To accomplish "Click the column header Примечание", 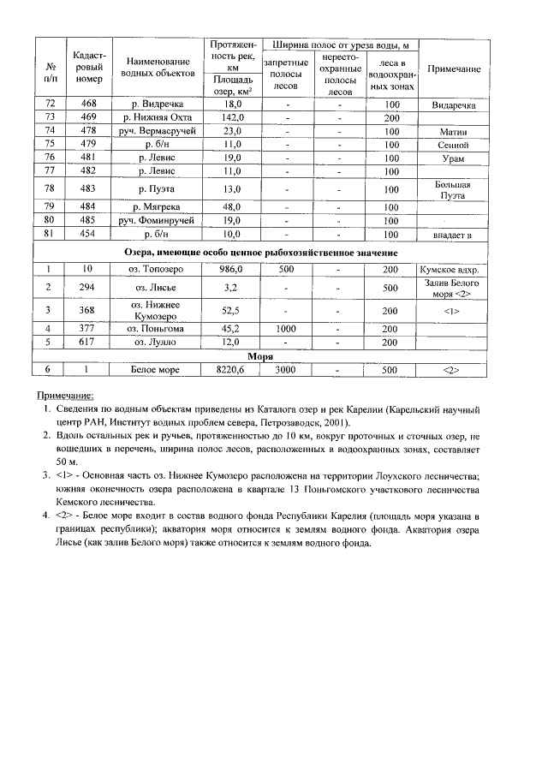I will click(453, 69).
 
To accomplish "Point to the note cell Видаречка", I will click(453, 104).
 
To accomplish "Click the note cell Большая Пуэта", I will click(453, 188).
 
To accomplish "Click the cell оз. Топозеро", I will click(157, 269).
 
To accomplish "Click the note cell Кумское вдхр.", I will click(453, 269).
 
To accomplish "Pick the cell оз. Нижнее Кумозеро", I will click(157, 310).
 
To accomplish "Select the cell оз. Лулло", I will click(157, 342).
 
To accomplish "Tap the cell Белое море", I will click(157, 370).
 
